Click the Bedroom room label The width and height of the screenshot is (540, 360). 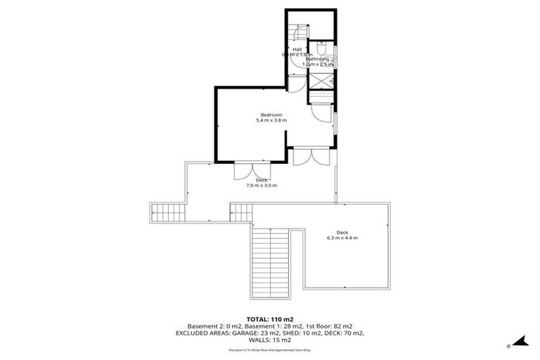[271, 115]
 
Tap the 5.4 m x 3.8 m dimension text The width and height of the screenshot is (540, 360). [271, 121]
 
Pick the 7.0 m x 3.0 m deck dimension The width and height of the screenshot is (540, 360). [262, 186]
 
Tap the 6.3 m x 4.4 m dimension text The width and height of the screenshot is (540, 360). [342, 238]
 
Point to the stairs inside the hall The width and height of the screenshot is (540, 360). [298, 32]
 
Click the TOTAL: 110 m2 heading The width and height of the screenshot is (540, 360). [270, 319]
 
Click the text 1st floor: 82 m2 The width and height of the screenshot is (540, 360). [328, 326]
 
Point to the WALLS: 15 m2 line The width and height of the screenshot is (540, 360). [270, 342]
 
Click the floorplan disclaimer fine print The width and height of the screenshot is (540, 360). [270, 349]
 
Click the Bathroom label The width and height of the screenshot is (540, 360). [318, 58]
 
